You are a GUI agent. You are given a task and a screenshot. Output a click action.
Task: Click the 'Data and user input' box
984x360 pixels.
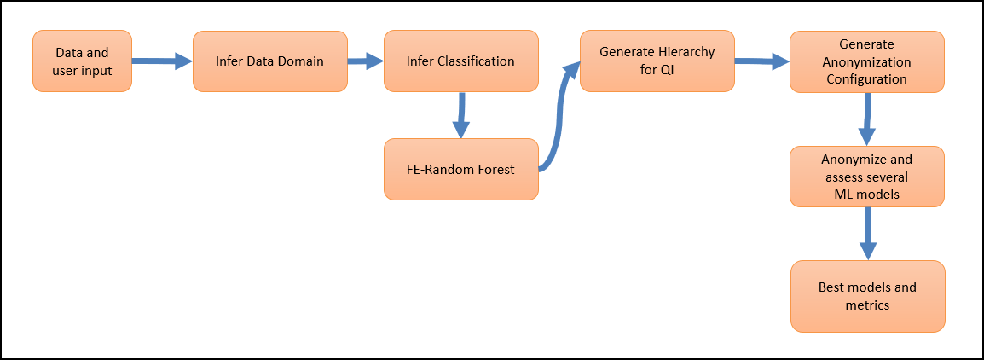click(x=82, y=61)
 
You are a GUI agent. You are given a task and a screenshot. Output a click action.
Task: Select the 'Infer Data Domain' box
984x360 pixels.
click(x=269, y=61)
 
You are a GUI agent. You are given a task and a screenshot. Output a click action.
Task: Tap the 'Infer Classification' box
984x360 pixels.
click(x=460, y=61)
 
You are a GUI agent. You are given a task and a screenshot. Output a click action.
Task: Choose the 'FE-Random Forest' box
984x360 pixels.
click(x=460, y=169)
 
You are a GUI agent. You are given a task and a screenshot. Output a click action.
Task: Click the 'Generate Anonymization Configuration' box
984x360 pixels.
click(x=866, y=61)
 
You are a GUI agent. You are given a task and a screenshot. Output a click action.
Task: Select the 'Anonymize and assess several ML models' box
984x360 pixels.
click(x=866, y=177)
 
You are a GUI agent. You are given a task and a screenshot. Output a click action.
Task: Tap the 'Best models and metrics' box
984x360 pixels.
click(x=866, y=296)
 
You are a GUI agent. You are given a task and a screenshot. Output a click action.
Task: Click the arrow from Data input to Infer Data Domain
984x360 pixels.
click(x=162, y=61)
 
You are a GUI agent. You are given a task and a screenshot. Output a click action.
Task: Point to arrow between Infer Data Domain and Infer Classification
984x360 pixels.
click(x=365, y=61)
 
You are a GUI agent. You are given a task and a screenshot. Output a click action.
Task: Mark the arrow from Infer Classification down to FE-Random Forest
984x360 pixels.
click(x=461, y=115)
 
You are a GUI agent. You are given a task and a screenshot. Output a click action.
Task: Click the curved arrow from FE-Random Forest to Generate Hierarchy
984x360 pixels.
click(x=559, y=119)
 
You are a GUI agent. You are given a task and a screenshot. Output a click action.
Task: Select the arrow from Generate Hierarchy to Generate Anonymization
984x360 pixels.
click(x=761, y=61)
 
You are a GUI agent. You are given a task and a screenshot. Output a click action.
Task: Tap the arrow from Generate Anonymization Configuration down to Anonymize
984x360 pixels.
click(x=867, y=119)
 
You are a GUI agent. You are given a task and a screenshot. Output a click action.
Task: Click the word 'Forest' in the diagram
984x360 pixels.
click(x=495, y=169)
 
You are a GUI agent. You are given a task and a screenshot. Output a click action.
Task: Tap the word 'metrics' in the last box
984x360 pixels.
click(x=867, y=305)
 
